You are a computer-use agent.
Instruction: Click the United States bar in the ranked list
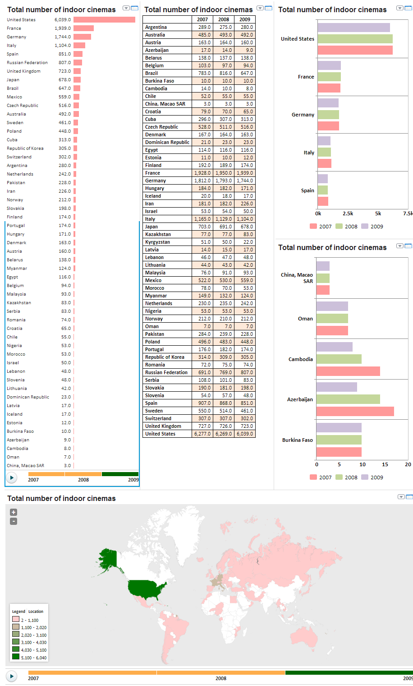pos(104,19)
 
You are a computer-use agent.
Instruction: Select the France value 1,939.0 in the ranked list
pos(63,28)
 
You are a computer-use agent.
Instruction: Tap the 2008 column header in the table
pos(224,19)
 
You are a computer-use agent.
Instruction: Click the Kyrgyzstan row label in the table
pos(157,242)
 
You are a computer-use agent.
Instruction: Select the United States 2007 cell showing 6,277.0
pos(202,434)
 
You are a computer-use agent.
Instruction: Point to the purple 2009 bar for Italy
pos(324,141)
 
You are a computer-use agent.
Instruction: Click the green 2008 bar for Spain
pos(322,190)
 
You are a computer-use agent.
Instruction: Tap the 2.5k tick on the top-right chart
pos(348,213)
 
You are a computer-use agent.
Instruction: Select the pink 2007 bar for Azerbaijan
pos(355,412)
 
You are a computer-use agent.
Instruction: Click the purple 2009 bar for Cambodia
pos(334,347)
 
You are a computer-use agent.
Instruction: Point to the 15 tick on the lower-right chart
pos(385,464)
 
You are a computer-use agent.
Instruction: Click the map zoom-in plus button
pos(14,512)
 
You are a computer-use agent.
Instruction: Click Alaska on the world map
pos(108,560)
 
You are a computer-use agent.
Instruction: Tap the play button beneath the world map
pos(12,676)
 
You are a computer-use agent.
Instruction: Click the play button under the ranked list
pos(12,477)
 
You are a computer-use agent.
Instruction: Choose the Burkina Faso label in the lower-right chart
pos(297,440)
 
